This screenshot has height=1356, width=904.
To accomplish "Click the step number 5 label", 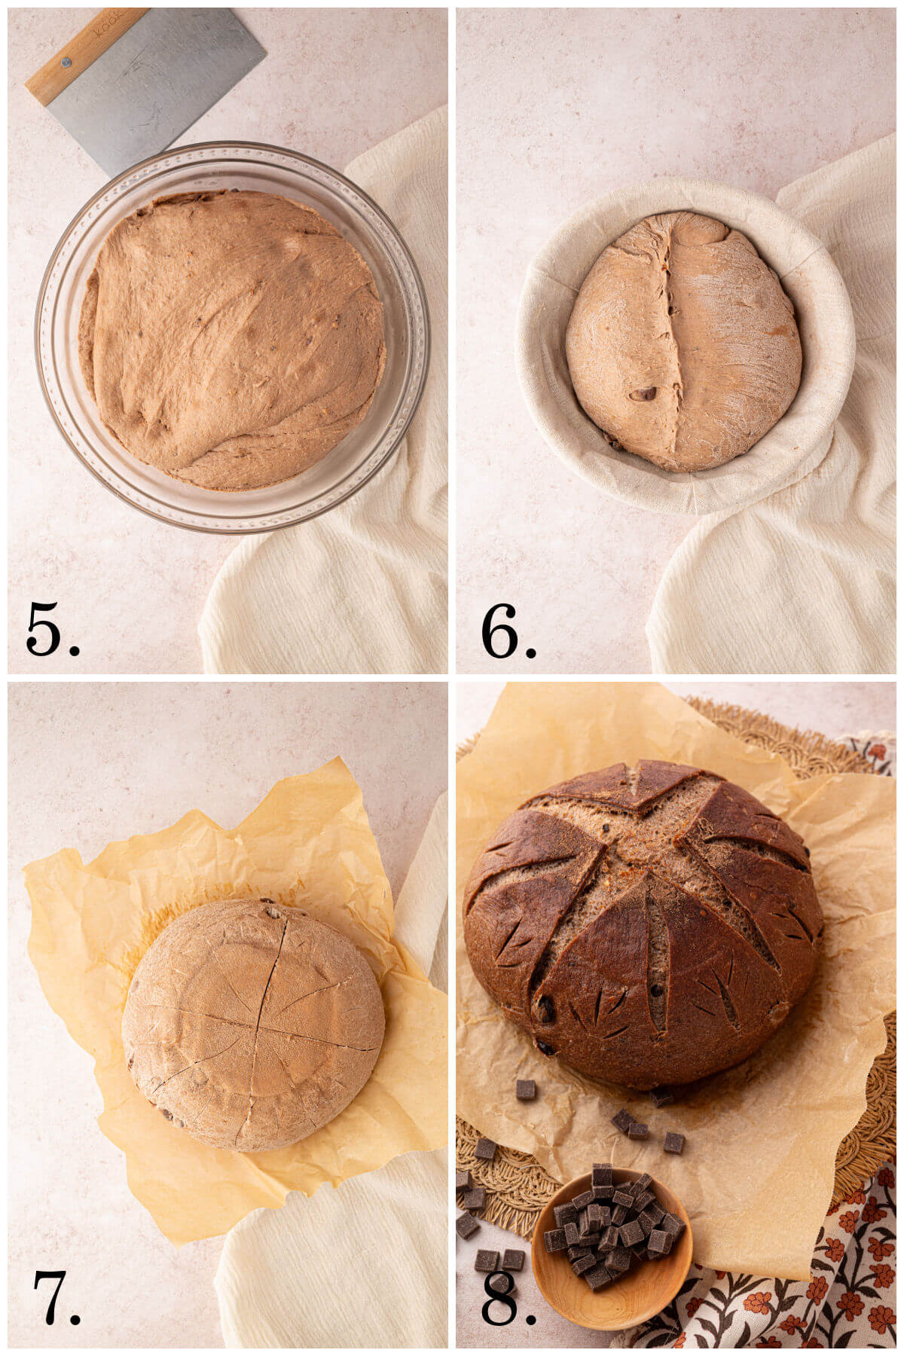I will pyautogui.click(x=51, y=629).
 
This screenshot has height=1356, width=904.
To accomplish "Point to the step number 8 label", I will pyautogui.click(x=507, y=1297).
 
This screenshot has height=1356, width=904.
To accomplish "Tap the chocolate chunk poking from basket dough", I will pyautogui.click(x=643, y=393).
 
